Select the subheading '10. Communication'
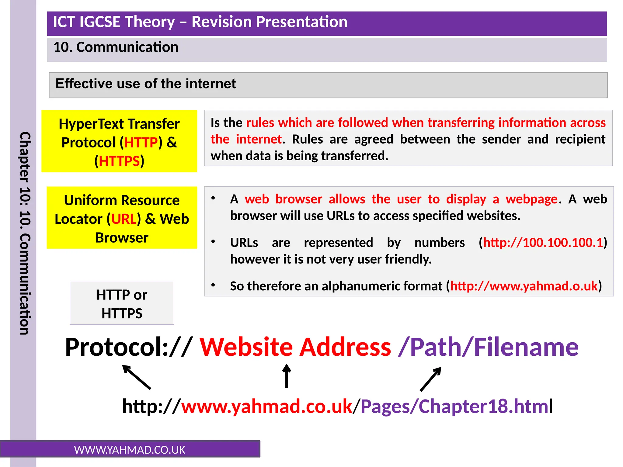[116, 47]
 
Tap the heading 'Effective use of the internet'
[145, 84]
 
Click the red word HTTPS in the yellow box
[119, 161]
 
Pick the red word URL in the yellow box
[124, 219]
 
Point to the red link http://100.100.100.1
[543, 243]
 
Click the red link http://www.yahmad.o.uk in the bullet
[524, 286]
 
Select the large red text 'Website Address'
[295, 347]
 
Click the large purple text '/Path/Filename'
[488, 347]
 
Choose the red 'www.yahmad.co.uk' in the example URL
[266, 406]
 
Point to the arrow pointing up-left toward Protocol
[137, 377]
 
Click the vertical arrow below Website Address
[286, 376]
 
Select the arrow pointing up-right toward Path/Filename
[430, 379]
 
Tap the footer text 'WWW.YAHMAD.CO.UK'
[130, 450]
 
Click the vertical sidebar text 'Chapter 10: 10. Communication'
[25, 233]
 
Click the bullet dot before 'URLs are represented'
[213, 242]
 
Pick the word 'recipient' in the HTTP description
[580, 140]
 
